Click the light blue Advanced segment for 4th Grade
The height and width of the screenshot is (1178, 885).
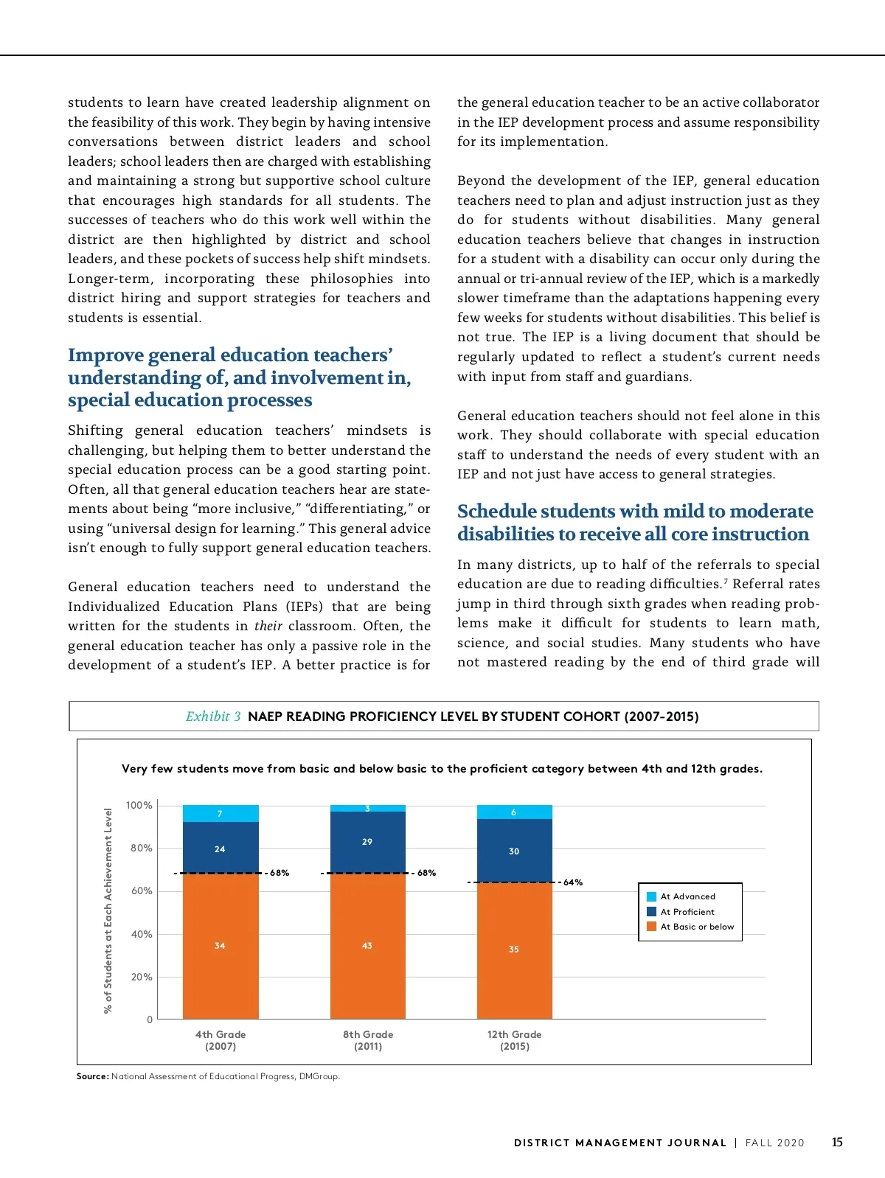221,813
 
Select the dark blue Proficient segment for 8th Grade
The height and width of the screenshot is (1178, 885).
367,842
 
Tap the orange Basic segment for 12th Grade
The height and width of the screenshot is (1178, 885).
514,949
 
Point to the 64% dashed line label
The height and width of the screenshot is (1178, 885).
573,882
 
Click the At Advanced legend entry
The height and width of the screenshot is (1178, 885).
687,896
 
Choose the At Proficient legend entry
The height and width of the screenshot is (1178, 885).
687,912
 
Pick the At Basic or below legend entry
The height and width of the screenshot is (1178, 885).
697,927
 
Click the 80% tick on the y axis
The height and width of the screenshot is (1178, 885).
142,848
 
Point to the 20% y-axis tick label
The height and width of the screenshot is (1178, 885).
142,977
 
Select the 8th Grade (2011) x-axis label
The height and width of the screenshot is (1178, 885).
368,1040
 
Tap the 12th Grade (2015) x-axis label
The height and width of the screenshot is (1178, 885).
514,1040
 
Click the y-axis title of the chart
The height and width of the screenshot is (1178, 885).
108,910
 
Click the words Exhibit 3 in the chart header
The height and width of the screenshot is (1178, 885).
213,717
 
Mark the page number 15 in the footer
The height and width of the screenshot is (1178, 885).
837,1143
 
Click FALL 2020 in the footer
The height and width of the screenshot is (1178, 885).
774,1143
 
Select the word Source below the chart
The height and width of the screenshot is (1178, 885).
92,1076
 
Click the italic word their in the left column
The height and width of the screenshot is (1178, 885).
268,626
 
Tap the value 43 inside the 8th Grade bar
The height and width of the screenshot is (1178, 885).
367,946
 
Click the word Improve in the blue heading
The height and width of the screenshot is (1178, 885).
105,355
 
